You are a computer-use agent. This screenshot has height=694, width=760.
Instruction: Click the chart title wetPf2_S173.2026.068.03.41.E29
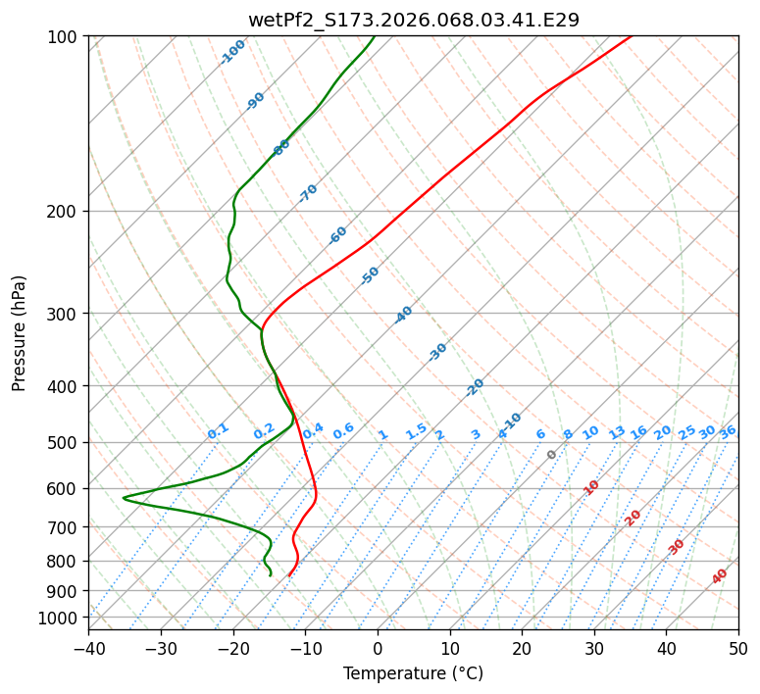413,20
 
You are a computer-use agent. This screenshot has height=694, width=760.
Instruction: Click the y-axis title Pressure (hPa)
20,333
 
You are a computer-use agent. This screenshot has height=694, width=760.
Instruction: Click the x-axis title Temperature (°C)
413,674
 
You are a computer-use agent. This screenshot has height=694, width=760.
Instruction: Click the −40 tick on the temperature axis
88,649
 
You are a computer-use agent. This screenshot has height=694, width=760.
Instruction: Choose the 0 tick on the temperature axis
378,649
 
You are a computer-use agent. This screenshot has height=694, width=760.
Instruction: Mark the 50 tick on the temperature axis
738,649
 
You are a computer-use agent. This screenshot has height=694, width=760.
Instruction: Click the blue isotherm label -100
232,52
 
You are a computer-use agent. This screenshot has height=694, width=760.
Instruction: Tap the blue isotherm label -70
308,193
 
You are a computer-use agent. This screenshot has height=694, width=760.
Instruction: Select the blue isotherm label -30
437,352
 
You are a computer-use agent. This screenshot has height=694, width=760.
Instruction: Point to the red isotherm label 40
720,576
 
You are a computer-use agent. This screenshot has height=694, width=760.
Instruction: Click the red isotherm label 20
633,517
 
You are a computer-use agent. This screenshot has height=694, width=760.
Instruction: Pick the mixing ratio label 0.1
218,430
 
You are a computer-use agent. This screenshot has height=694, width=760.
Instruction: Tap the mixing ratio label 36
728,431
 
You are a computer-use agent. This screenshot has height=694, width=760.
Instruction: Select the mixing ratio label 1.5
416,430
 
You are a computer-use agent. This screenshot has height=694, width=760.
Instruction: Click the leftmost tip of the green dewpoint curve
123,498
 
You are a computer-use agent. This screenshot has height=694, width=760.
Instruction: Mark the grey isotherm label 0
552,455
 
